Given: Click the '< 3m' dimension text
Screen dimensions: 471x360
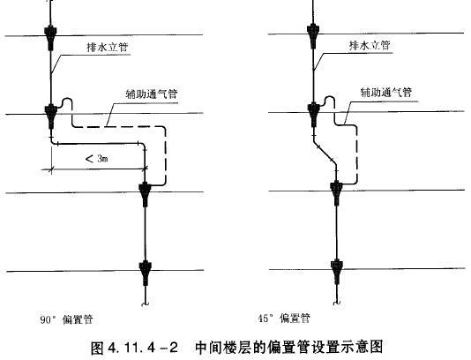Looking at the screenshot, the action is click(97, 158).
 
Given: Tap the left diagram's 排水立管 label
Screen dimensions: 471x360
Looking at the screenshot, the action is click(108, 47).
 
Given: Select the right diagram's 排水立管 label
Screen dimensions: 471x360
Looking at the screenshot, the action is click(370, 45).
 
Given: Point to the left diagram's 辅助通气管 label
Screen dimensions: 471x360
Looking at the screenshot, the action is click(152, 94).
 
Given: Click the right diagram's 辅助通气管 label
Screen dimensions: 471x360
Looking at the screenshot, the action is click(386, 92).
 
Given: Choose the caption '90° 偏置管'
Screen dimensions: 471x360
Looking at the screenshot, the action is click(66, 319).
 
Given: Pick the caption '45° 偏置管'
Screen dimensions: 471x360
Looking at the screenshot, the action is click(284, 318).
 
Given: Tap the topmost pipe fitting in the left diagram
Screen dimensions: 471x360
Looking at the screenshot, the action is click(51, 38).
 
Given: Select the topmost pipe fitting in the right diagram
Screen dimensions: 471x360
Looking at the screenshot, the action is click(313, 36).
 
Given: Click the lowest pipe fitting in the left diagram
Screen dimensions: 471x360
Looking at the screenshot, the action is click(146, 273).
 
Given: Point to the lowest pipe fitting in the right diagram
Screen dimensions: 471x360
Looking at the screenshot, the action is click(337, 272).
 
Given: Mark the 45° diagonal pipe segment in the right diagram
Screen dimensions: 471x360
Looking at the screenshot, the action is click(325, 153).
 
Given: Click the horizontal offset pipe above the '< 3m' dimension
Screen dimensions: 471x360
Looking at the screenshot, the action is click(98, 144).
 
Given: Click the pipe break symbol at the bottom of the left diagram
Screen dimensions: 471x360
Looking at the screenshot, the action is click(145, 304).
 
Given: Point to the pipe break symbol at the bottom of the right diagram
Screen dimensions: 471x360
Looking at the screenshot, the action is click(337, 303).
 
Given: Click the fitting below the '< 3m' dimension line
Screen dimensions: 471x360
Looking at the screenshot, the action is click(145, 194).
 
